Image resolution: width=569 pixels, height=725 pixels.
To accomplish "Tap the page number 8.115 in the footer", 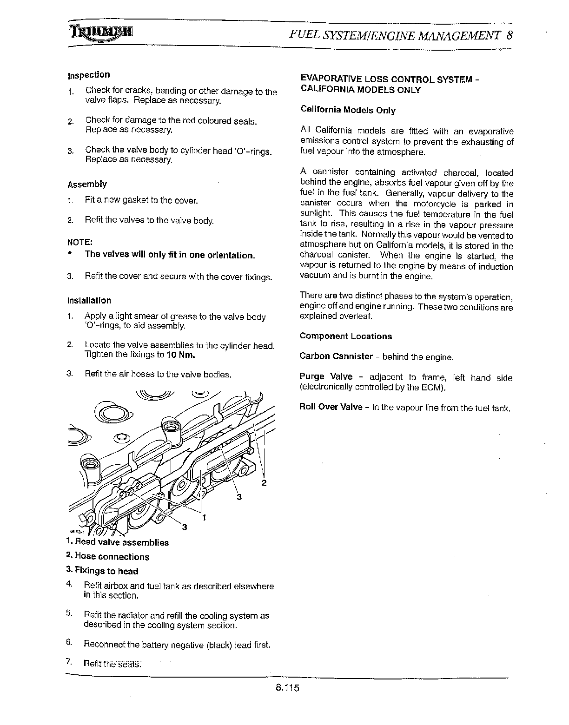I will (x=286, y=688).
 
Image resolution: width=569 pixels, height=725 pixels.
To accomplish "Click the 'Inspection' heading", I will (x=89, y=75).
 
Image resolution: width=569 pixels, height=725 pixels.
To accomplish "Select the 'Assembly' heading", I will (x=87, y=185).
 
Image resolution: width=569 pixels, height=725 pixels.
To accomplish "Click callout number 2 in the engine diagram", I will (x=264, y=483).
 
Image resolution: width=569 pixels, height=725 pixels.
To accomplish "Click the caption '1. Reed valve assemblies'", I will (x=117, y=542).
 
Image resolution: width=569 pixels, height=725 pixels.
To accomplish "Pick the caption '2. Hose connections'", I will (x=107, y=557).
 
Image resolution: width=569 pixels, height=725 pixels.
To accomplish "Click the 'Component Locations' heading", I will (x=345, y=336).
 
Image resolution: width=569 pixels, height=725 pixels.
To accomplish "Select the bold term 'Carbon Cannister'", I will (x=336, y=356).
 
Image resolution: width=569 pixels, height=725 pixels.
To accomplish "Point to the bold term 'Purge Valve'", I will (x=326, y=377).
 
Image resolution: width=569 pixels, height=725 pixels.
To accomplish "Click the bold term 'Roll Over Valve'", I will (x=331, y=407).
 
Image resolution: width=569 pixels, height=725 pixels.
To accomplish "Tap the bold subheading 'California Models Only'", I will (x=348, y=110).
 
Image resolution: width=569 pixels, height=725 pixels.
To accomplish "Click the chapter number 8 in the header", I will (x=510, y=35).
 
